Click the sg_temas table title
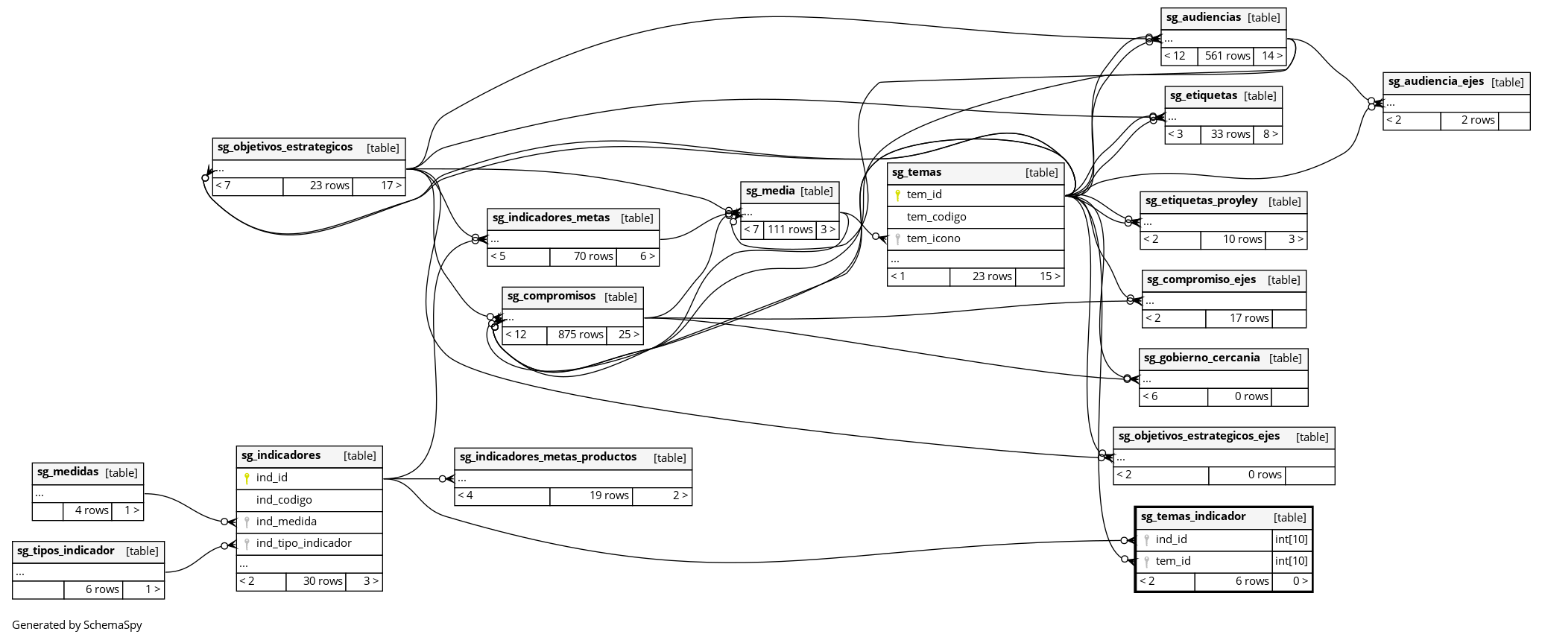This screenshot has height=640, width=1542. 917,173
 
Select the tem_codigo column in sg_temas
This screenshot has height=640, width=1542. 936,217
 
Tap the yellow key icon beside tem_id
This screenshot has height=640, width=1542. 898,195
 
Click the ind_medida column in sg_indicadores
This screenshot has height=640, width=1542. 286,522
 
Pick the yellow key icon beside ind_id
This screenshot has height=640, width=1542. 247,478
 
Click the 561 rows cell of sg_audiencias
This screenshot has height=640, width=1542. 1227,56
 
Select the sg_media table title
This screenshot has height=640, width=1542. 770,191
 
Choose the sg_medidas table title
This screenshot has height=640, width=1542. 68,472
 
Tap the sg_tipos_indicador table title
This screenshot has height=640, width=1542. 66,551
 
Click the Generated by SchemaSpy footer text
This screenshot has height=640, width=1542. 77,625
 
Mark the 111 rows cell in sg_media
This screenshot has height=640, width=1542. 790,229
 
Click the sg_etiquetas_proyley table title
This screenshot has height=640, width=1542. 1201,201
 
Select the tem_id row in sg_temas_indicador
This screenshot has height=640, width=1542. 1173,561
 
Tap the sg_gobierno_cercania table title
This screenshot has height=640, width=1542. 1201,358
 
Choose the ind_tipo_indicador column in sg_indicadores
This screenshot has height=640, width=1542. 303,543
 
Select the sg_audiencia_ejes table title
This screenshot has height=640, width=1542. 1435,82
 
